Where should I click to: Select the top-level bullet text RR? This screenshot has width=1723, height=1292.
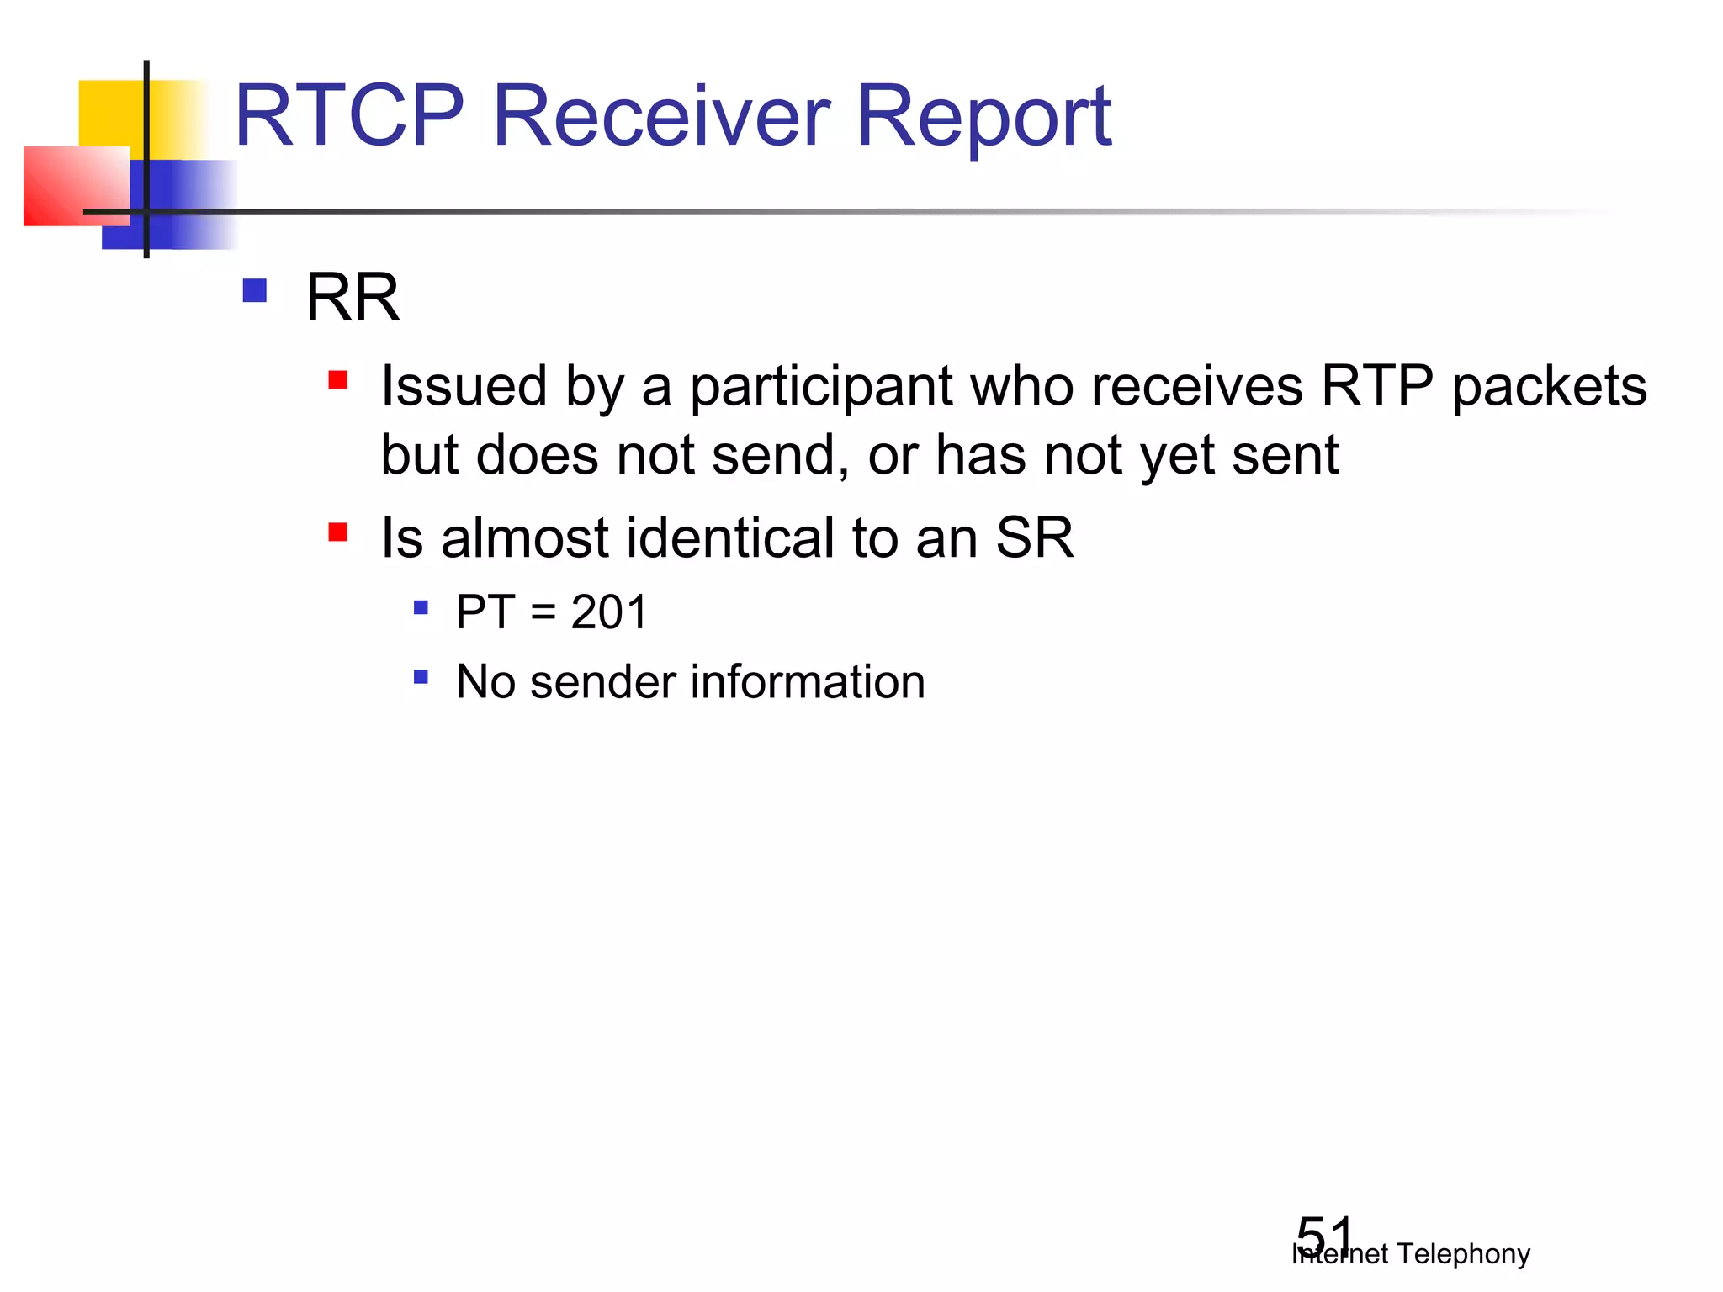[x=352, y=298]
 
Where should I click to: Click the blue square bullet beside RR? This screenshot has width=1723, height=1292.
[x=254, y=291]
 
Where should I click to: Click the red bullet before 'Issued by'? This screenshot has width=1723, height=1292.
[x=338, y=380]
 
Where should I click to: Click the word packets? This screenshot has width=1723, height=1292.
[x=1549, y=387]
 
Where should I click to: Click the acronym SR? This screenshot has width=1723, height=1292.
[x=1034, y=538]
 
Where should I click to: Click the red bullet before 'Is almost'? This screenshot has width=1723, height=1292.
[x=338, y=532]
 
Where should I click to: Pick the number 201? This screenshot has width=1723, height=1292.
[x=609, y=612]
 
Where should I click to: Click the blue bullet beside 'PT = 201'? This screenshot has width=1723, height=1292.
[x=421, y=606]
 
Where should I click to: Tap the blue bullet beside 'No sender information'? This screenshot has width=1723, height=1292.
[x=421, y=676]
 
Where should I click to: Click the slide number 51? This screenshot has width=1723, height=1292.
[x=1324, y=1235]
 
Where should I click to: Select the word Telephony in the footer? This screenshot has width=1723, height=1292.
[x=1463, y=1254]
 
